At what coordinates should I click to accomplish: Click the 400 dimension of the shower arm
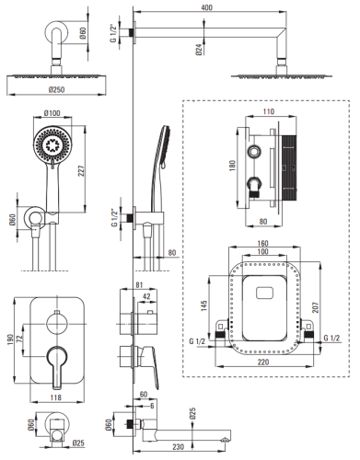click(207, 7)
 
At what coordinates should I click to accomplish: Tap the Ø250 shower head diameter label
click(56, 89)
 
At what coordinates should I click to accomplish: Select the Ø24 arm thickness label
click(199, 50)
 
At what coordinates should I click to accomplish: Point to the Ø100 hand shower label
click(52, 113)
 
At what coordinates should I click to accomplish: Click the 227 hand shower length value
click(81, 170)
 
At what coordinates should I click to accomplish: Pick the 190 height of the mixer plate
click(10, 339)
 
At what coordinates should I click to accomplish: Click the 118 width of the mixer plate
click(55, 397)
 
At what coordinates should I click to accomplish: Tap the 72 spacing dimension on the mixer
click(19, 339)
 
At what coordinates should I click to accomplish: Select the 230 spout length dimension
click(178, 446)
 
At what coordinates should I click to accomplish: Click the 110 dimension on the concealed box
click(269, 111)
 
